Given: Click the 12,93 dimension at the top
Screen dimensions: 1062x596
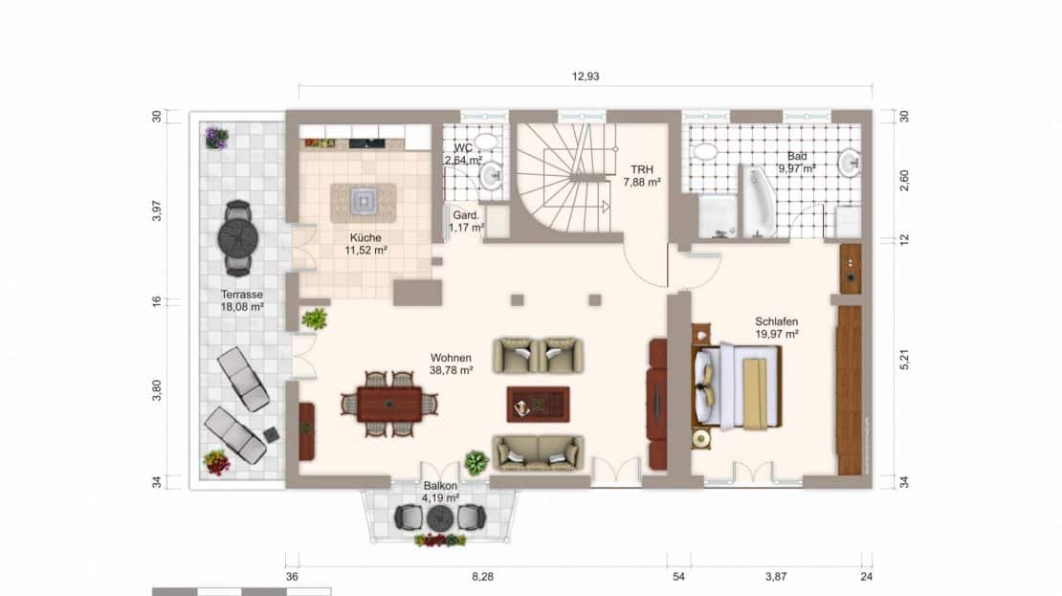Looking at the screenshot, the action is [x=586, y=77].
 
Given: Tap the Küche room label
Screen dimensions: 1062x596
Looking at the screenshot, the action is [x=365, y=237].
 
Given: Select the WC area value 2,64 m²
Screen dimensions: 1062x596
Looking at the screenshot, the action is [x=463, y=161].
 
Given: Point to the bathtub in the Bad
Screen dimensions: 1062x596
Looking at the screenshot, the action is [x=759, y=201].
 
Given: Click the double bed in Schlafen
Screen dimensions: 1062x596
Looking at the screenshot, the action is [x=737, y=387].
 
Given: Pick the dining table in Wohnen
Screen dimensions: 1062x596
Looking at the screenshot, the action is [x=389, y=404].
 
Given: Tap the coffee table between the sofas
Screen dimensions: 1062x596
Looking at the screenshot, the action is [x=538, y=405].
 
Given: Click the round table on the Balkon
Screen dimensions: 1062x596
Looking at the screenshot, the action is [x=440, y=519].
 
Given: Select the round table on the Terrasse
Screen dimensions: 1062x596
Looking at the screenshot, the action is [x=237, y=237].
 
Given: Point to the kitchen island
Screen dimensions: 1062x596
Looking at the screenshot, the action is [x=364, y=203].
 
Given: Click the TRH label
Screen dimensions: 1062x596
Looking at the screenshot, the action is [x=641, y=170].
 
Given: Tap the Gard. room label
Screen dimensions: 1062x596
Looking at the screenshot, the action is [x=466, y=215].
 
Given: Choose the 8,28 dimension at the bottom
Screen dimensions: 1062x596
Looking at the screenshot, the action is [x=482, y=576].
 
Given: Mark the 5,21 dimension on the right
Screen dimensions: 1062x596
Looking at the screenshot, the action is [x=903, y=359].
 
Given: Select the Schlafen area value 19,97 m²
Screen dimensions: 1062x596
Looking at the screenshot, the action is [x=777, y=334].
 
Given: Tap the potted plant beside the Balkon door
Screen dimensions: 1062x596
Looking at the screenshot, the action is [x=476, y=463].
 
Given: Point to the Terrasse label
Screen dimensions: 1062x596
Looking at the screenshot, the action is [x=242, y=295].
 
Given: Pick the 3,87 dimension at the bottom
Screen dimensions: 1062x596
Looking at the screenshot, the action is [x=776, y=576].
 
